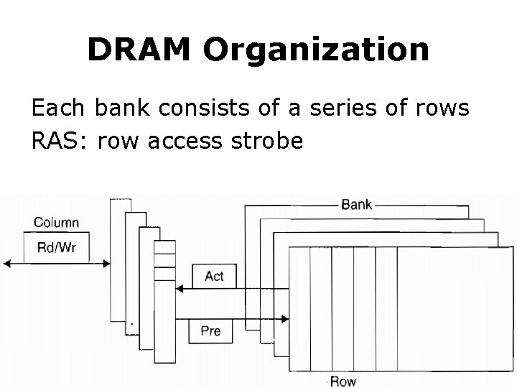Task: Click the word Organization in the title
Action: (316, 49)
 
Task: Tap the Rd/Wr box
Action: (57, 248)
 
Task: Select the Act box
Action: (214, 276)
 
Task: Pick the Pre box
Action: (210, 331)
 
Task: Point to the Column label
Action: (57, 223)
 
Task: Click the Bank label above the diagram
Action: (356, 204)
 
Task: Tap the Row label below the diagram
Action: (343, 380)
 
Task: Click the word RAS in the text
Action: (54, 142)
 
